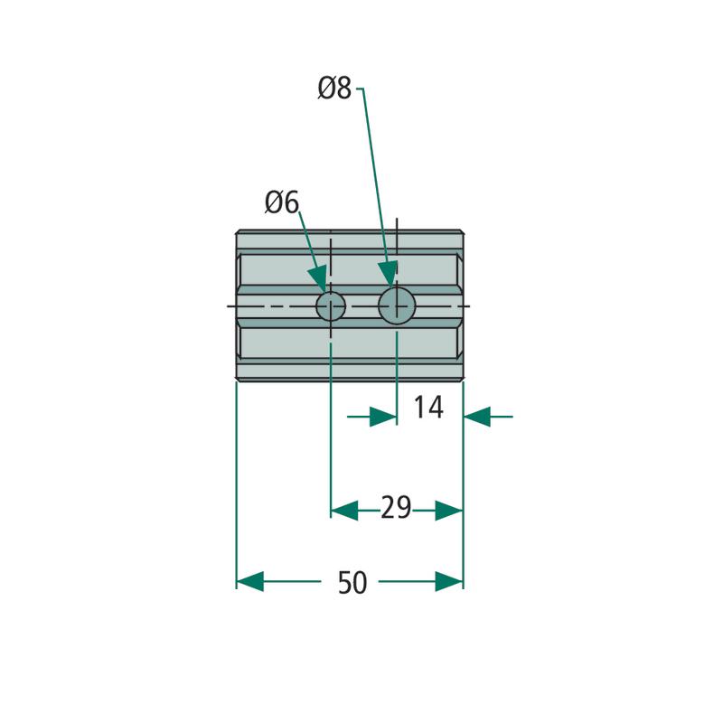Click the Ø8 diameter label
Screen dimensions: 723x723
coord(334,88)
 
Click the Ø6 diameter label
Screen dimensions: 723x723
coord(282,202)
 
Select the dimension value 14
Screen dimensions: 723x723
coord(428,408)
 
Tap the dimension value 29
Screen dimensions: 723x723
coord(396,508)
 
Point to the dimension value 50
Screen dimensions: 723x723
coord(352,582)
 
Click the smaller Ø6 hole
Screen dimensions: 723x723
coord(331,306)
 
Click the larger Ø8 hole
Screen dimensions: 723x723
coord(397,305)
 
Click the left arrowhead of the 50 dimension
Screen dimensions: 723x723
coord(250,581)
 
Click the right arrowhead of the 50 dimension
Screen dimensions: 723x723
coord(449,581)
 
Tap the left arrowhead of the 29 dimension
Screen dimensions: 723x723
coord(344,511)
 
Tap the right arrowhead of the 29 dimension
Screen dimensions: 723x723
coord(449,511)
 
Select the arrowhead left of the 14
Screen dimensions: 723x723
coord(383,417)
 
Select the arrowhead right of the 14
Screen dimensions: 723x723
coord(477,417)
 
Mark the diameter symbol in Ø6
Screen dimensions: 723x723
coord(274,202)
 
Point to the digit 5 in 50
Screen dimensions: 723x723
coord(345,582)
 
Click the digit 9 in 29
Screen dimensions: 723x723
coord(404,508)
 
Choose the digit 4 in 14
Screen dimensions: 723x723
coord(436,408)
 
